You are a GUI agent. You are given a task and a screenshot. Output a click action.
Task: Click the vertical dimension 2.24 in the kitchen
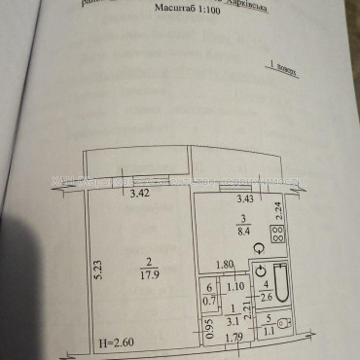[x=278, y=207]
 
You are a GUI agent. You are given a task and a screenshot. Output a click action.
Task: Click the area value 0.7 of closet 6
[x=207, y=301]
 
